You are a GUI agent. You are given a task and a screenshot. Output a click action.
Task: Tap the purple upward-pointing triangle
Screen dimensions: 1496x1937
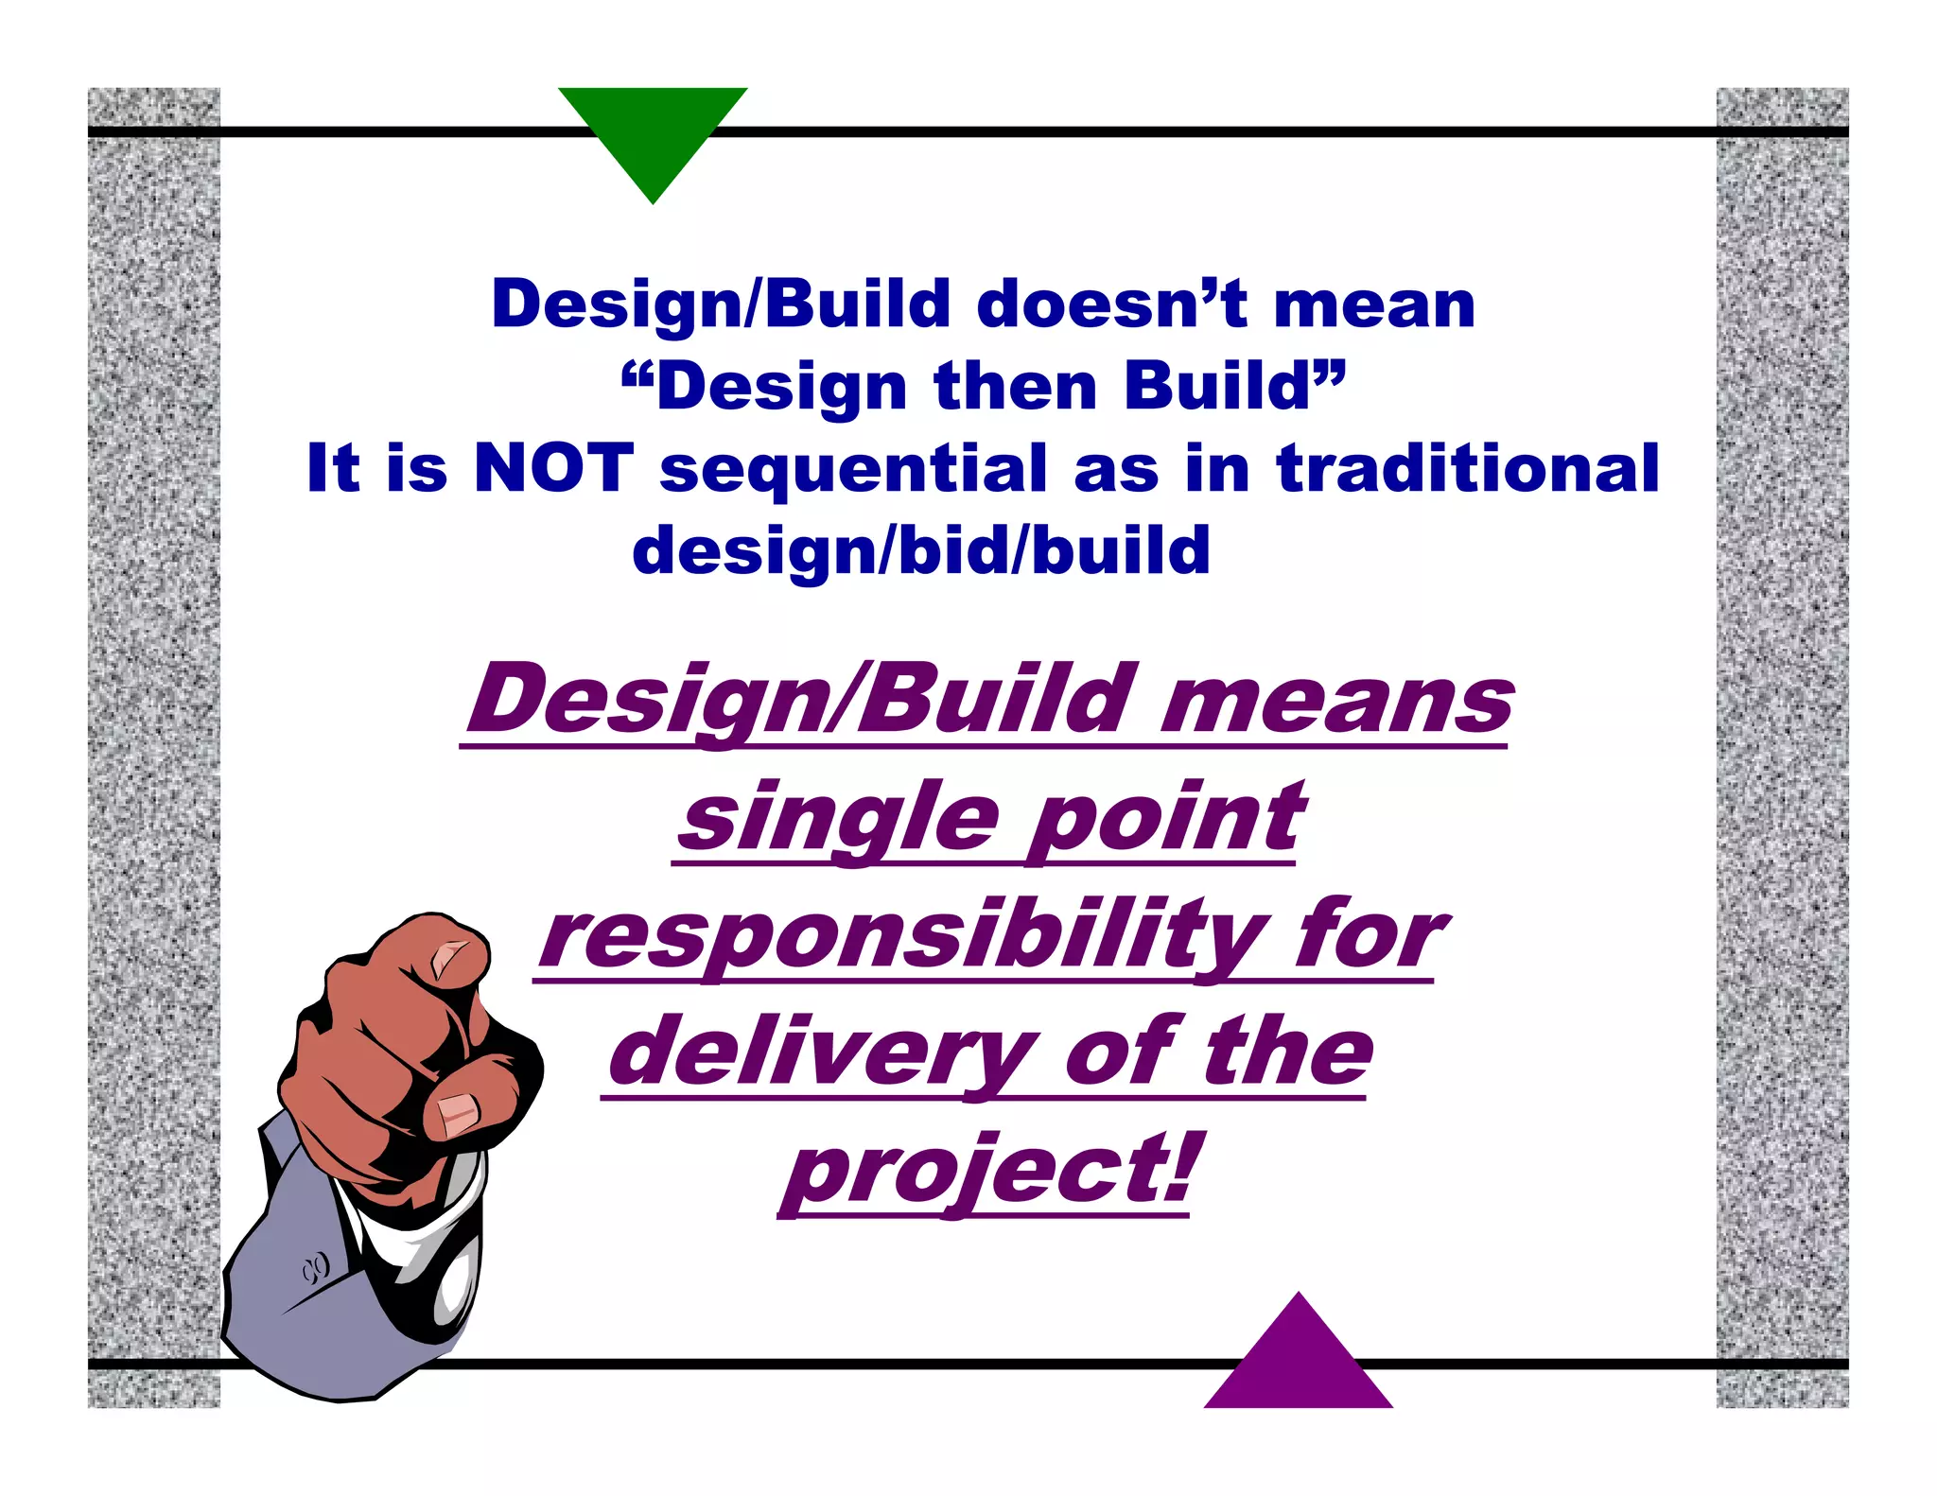coord(1299,1362)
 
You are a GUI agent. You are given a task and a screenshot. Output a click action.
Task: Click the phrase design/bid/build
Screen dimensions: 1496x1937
coord(921,550)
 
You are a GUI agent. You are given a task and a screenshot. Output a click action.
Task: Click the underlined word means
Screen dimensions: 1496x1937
coord(1336,702)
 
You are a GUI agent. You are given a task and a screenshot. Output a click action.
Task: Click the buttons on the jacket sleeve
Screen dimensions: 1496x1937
coord(316,1266)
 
